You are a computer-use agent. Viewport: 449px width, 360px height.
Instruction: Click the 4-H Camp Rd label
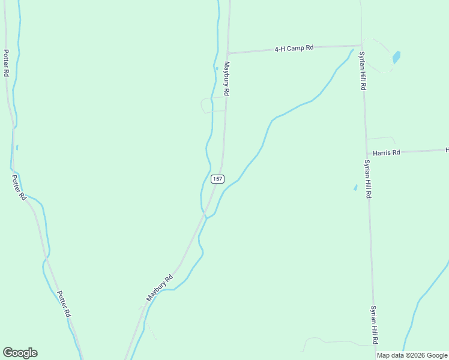pyautogui.click(x=294, y=48)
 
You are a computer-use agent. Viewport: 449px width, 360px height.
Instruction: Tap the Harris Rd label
pyautogui.click(x=386, y=153)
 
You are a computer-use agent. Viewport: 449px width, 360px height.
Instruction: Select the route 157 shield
pyautogui.click(x=217, y=179)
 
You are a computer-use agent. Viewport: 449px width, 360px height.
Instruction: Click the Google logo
pyautogui.click(x=20, y=353)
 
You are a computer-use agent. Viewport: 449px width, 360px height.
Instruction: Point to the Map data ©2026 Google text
pyautogui.click(x=412, y=355)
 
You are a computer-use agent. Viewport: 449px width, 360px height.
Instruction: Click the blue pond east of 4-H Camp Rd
pyautogui.click(x=396, y=58)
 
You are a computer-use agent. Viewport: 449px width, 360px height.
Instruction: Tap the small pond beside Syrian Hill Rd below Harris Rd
pyautogui.click(x=355, y=188)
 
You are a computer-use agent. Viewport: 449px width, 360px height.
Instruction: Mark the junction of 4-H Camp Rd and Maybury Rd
pyautogui.click(x=228, y=53)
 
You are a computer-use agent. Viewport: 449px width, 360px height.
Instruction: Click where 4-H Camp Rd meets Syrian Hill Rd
pyautogui.click(x=362, y=45)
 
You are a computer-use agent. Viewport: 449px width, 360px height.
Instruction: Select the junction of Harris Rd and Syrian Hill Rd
pyautogui.click(x=367, y=154)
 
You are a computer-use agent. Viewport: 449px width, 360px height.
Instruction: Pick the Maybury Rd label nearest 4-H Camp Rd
pyautogui.click(x=227, y=79)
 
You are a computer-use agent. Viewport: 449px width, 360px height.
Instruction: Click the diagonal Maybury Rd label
pyautogui.click(x=160, y=288)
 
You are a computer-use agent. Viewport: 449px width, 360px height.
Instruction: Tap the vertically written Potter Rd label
pyautogui.click(x=6, y=63)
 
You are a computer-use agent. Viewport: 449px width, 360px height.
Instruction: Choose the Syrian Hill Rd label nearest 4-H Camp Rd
pyautogui.click(x=363, y=71)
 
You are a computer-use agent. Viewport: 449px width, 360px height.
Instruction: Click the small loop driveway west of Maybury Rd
pyautogui.click(x=208, y=105)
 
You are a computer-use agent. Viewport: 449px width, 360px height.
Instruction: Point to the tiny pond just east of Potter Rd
pyautogui.click(x=17, y=148)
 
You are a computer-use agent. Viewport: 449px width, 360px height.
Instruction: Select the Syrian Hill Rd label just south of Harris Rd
pyautogui.click(x=367, y=179)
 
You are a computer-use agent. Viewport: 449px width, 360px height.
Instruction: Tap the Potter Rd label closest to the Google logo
pyautogui.click(x=64, y=304)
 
